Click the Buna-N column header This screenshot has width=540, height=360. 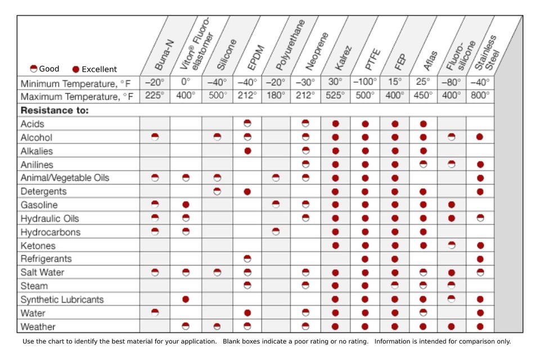pos(164,55)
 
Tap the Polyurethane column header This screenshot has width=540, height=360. pos(290,45)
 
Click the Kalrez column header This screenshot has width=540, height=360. pos(343,58)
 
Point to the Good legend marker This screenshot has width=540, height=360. pos(33,69)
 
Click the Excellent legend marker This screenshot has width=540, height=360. pos(76,69)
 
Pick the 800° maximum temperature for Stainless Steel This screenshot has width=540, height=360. pos(480,96)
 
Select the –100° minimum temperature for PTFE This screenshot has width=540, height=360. pos(365,82)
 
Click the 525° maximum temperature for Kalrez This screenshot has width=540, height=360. pos(335,96)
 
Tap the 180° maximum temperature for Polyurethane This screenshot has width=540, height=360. pos(276,96)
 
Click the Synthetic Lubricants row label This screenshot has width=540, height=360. pos(62,299)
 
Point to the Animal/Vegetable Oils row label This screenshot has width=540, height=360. pos(65,178)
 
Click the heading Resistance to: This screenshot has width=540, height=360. pos(55,110)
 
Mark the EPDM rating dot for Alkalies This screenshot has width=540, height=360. pos(247,151)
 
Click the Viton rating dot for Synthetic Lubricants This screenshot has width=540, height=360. pos(186,299)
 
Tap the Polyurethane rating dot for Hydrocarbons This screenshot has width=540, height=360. pos(276,232)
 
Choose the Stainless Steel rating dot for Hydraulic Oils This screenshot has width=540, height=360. pos(480,218)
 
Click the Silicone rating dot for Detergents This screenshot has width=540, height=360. pos(217,191)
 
